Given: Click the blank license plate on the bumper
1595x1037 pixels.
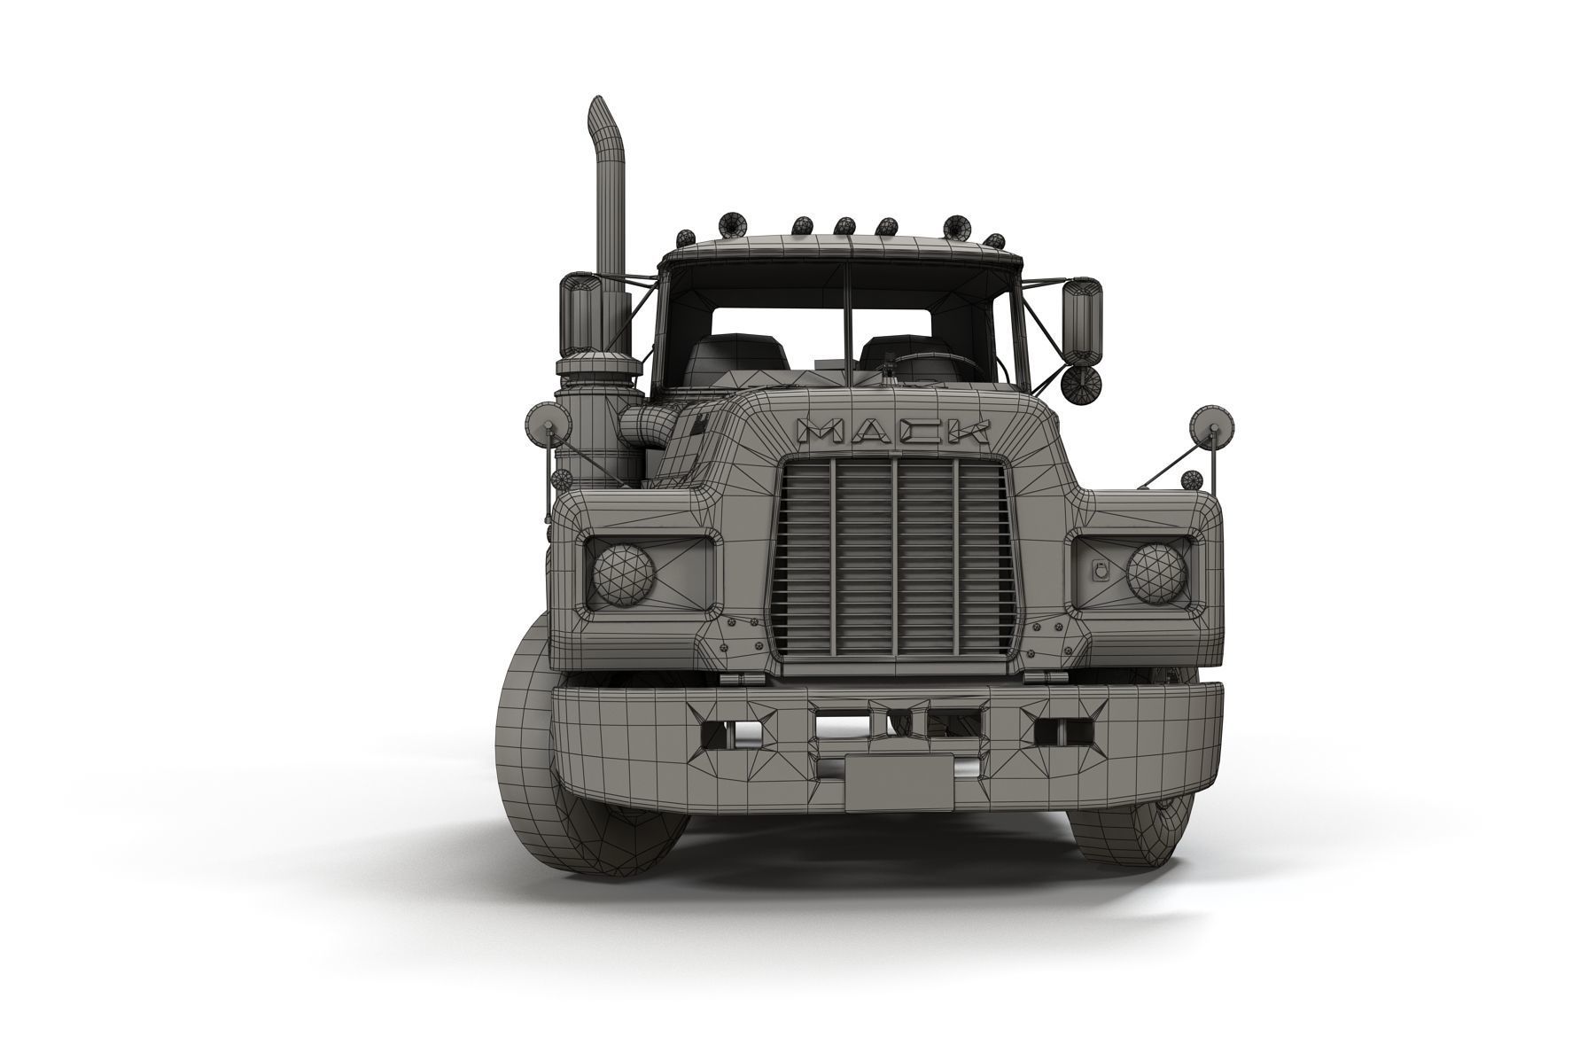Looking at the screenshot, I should point(899,782).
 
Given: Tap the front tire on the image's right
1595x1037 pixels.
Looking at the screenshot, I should point(1134,824).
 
